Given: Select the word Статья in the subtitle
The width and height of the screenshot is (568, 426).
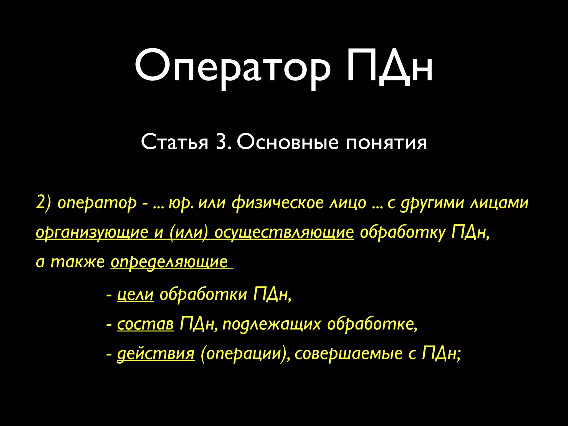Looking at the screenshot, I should (174, 142).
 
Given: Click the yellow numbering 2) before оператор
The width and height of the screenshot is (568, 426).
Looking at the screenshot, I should (44, 203).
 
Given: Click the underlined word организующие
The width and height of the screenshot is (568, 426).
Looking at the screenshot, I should (92, 232).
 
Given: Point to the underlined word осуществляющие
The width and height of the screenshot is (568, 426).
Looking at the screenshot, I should (284, 232).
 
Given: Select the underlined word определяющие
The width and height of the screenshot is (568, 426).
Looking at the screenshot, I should (169, 262).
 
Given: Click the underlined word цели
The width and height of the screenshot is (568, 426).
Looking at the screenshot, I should (135, 294).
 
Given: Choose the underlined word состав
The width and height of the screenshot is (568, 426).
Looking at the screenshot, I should (145, 324).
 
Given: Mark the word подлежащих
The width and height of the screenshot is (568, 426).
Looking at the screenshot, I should (272, 324).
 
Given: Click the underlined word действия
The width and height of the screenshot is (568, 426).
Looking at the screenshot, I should (156, 354).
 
